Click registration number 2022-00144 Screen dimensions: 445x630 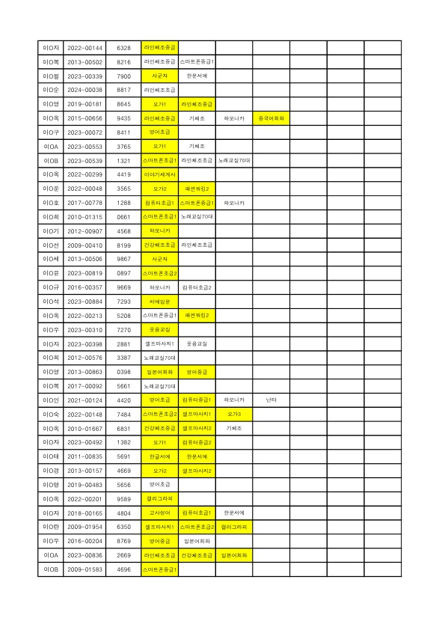[x=85, y=47]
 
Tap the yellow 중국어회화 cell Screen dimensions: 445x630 [x=271, y=118]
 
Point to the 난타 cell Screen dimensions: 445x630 [x=271, y=400]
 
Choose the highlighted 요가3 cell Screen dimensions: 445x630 [x=234, y=415]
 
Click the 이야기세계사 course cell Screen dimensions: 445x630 [x=159, y=174]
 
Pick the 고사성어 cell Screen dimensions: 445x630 [x=159, y=513]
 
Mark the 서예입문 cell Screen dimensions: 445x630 [x=159, y=302]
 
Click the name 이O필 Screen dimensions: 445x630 [x=51, y=76]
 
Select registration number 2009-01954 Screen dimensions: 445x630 [x=85, y=527]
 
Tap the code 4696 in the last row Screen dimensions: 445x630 [x=124, y=569]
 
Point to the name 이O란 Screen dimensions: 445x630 [x=51, y=527]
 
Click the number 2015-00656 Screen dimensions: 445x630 [x=85, y=118]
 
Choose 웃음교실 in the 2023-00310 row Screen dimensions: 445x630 [x=159, y=330]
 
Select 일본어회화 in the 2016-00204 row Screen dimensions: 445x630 [x=197, y=542]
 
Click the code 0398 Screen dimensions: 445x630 [x=124, y=372]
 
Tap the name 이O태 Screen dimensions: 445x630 [x=51, y=456]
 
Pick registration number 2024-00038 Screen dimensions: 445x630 [x=85, y=90]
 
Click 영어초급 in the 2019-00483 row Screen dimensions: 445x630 [x=159, y=485]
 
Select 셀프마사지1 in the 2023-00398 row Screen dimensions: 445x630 [x=159, y=344]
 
